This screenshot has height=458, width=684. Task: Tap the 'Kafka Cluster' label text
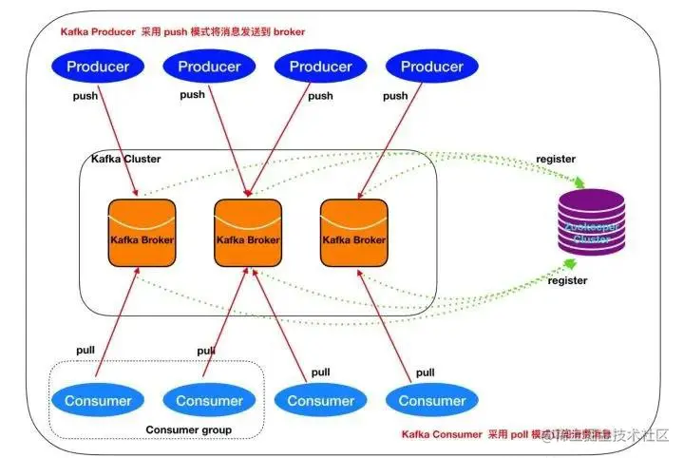[x=125, y=159]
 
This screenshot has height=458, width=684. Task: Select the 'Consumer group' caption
[x=189, y=430]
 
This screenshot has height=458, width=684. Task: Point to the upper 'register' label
[x=556, y=159]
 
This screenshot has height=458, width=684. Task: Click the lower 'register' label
[x=567, y=280]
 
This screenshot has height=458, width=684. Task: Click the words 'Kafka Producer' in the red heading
[x=95, y=31]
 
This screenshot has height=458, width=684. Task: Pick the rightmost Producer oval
[x=432, y=67]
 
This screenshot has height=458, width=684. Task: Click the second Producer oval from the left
[x=209, y=67]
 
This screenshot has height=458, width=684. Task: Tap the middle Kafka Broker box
[x=248, y=234]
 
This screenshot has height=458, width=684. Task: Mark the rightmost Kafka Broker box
[x=354, y=234]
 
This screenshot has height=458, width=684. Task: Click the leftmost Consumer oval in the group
[x=98, y=400]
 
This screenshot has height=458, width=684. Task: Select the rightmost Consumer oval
[x=432, y=400]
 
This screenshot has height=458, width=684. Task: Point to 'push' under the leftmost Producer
[x=86, y=96]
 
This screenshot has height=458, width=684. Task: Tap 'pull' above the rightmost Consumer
[x=425, y=372]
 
